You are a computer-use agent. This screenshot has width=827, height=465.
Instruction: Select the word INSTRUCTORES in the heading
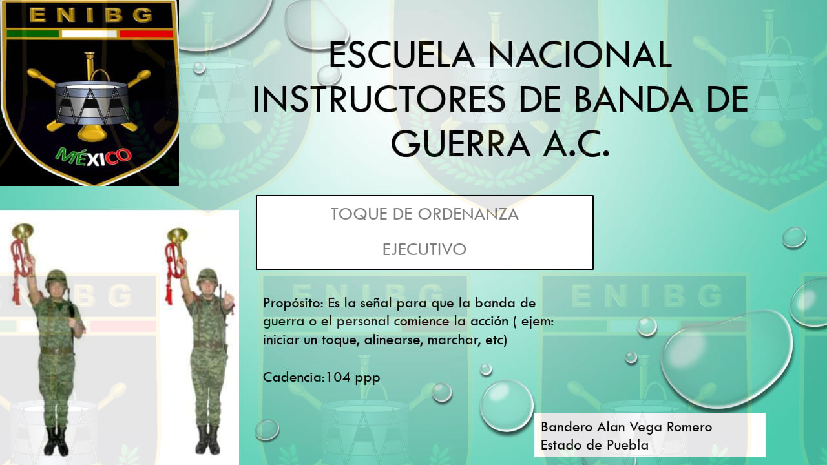[379, 99]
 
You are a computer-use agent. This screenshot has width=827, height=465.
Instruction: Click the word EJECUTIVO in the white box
[424, 249]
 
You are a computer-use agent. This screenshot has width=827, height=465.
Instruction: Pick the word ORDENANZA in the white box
[468, 214]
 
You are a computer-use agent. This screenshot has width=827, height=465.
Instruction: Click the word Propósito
[293, 304]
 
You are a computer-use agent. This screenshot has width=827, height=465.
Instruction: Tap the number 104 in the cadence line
[338, 377]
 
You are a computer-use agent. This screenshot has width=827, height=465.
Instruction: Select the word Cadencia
[294, 377]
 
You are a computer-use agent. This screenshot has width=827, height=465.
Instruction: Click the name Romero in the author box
[689, 427]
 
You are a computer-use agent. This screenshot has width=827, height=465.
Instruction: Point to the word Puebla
[627, 445]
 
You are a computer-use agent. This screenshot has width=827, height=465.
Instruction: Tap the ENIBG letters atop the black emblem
[90, 15]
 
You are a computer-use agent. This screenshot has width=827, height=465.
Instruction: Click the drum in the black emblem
[92, 103]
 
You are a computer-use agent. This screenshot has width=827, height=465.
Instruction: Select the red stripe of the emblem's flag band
[147, 34]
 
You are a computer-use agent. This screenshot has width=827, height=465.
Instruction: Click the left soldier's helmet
[56, 278]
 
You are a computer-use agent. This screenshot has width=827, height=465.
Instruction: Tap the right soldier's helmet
[207, 276]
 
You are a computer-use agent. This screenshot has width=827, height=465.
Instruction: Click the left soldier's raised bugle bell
[23, 231]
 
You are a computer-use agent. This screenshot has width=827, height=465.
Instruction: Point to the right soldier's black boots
[207, 440]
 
